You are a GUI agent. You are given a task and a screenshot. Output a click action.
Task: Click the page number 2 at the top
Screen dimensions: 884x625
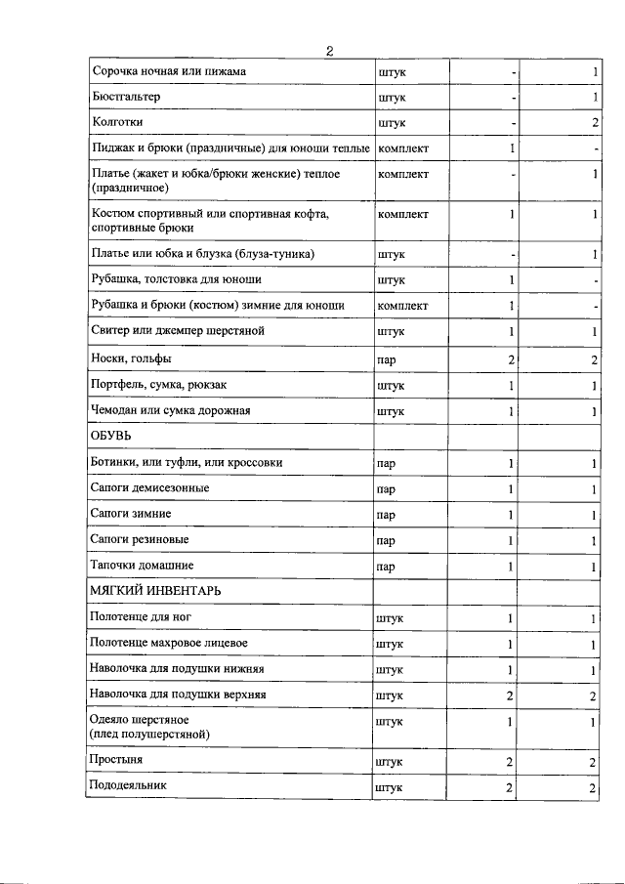[x=330, y=52]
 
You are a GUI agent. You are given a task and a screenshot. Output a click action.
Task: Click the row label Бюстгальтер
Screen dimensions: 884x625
[x=125, y=98]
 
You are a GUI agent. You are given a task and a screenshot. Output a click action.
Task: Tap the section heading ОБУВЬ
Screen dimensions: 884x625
[x=111, y=435]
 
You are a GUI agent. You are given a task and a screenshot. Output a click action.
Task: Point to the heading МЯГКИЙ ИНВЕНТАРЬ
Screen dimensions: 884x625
[x=155, y=591]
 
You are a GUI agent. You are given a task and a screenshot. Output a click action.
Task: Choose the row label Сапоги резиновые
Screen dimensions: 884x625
[x=139, y=539]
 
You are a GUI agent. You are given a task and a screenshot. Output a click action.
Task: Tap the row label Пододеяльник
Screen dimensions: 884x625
[x=129, y=785]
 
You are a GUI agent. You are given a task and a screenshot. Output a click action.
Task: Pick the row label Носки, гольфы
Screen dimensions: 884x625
[x=130, y=358]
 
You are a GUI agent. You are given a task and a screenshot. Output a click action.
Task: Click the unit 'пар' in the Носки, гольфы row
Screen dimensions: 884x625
[x=386, y=360]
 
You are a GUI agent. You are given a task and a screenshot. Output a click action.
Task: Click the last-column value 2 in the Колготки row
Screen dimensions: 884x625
[x=594, y=123]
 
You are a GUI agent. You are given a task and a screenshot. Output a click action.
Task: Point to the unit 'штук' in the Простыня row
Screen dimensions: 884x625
[x=391, y=761]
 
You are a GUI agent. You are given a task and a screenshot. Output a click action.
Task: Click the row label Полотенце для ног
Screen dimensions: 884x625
[x=139, y=617]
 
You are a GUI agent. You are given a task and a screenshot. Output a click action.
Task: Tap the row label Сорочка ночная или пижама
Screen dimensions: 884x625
[x=168, y=71]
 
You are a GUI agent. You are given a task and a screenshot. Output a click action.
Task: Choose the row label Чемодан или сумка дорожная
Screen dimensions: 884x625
[x=170, y=410]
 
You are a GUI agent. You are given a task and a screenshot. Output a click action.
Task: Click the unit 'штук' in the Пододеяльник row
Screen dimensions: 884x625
[x=391, y=787]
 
